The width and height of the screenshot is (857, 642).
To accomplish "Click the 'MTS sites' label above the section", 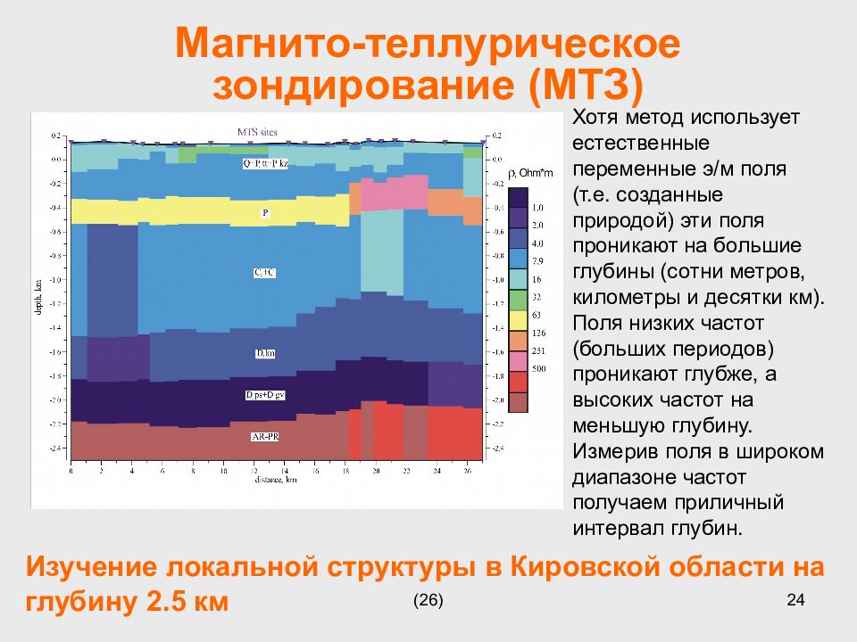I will coord(257,132).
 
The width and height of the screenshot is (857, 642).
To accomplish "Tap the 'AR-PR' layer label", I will coord(265,436).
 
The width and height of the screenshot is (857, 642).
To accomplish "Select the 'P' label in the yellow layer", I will coord(265,213).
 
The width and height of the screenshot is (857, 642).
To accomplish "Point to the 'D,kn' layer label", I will coord(265,354).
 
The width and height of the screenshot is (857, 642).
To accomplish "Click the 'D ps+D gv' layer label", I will coord(265,394).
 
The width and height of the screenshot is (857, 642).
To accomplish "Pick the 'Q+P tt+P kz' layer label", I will coord(265,164).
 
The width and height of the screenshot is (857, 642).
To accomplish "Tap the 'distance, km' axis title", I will coord(275,480).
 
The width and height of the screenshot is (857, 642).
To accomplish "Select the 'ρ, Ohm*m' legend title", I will coord(528,174).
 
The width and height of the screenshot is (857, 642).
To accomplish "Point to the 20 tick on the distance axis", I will coord(377,470).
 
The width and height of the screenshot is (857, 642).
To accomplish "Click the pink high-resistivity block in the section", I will coord(391,193).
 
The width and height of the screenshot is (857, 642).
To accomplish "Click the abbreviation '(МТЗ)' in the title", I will coord(586,87).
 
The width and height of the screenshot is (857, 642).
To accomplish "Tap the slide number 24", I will coord(795,600).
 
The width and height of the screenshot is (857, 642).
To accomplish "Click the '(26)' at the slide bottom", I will coord(428,600).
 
